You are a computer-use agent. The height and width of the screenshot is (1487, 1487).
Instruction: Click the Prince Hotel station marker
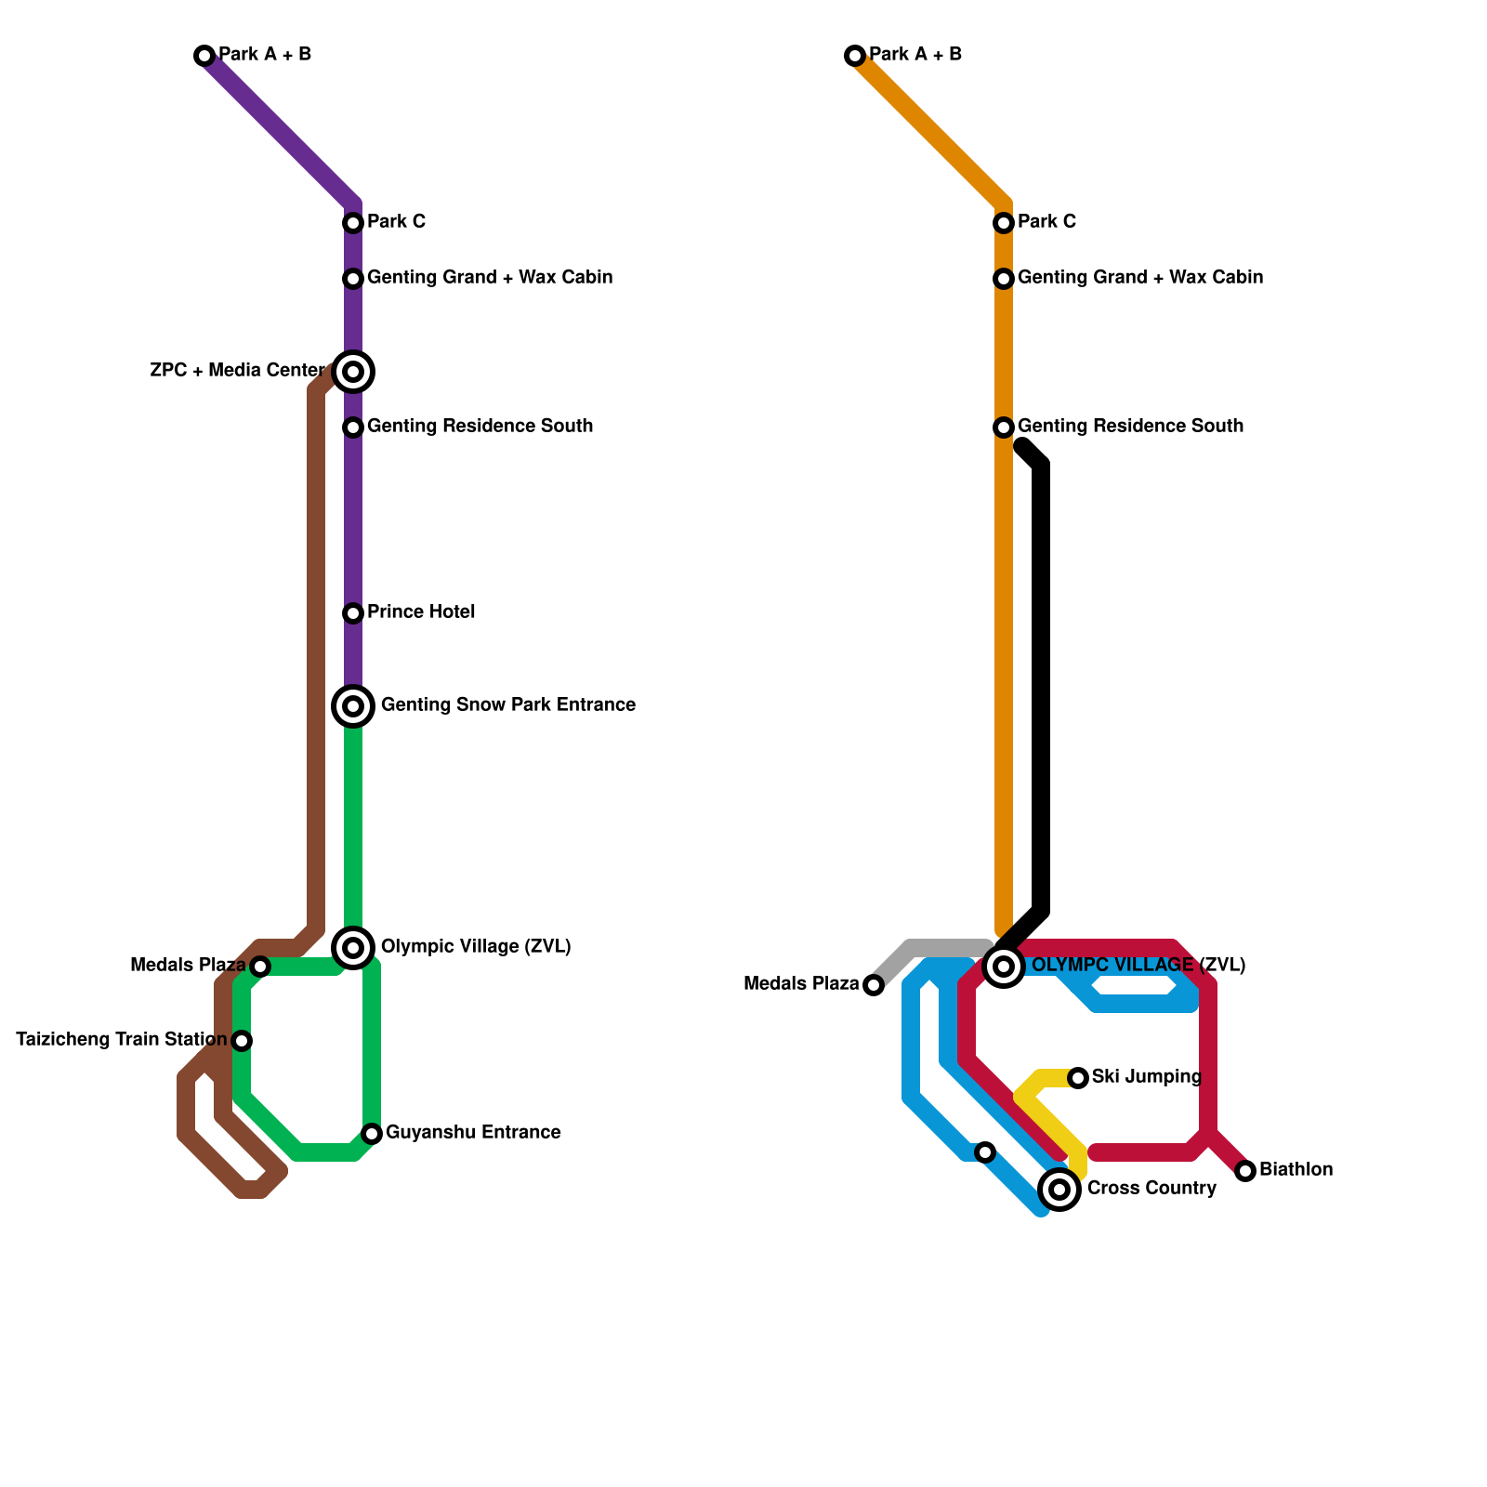(353, 613)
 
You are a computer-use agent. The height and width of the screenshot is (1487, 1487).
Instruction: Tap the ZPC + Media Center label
(237, 371)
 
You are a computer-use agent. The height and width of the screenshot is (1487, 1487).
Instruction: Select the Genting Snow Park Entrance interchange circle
(353, 706)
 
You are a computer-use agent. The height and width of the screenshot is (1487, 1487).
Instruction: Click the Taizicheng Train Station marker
(242, 1041)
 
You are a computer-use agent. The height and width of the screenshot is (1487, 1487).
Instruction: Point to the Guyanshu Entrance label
(473, 1133)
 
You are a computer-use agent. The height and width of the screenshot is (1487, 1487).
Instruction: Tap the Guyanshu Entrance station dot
(372, 1134)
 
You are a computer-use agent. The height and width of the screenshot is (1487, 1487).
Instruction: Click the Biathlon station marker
(1245, 1171)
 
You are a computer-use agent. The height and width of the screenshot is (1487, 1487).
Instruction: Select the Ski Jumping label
(1146, 1077)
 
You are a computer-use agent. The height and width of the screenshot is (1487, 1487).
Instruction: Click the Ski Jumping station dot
(1078, 1078)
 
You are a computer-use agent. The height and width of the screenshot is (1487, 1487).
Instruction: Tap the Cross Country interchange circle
(1059, 1190)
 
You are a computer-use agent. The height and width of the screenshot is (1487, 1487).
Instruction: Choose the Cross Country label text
(1151, 1189)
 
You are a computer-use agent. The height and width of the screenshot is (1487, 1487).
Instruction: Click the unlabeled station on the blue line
(985, 1152)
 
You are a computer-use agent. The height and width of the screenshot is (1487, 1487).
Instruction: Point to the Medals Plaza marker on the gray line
(874, 985)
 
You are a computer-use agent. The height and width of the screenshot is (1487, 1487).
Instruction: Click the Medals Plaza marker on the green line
(261, 967)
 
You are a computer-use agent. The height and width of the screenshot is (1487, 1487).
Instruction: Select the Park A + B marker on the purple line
(204, 56)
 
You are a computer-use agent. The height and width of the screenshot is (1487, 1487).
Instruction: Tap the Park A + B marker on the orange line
(855, 56)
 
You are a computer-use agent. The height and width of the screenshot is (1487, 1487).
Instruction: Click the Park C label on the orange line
(1046, 222)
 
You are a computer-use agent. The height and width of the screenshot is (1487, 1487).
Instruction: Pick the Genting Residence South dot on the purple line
(353, 428)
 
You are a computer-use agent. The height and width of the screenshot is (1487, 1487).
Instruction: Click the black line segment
(1042, 688)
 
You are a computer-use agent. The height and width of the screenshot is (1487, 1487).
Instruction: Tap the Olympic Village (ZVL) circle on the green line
(353, 948)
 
